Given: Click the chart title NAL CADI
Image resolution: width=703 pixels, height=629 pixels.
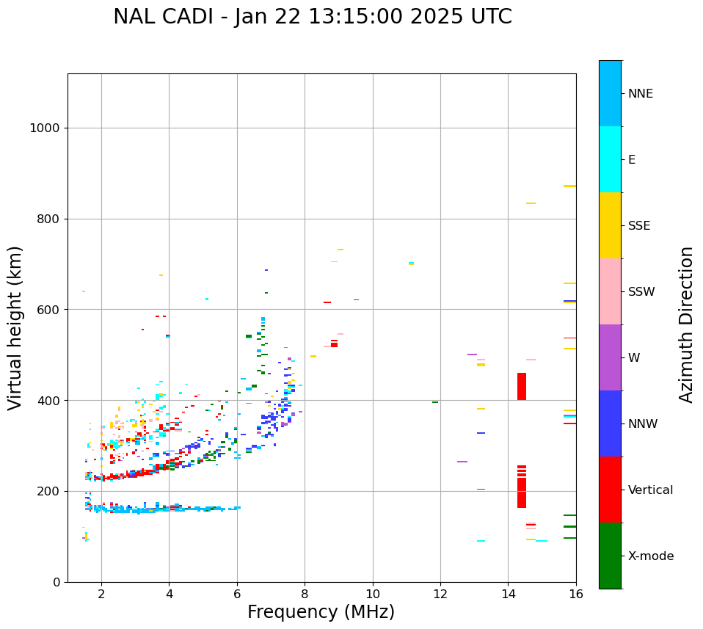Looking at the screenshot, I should point(312,17).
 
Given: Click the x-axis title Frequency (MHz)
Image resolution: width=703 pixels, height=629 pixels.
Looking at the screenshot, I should point(321,612).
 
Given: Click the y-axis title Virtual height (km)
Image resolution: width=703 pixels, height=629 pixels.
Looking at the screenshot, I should point(15,328).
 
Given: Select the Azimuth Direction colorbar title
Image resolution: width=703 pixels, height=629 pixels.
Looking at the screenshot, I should point(686,324).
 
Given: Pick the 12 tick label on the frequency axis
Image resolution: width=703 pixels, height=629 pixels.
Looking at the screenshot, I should point(440,594).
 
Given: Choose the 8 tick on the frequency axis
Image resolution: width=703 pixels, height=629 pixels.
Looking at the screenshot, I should point(305,594).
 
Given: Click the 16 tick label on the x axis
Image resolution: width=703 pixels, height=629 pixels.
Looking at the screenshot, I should point(576,594).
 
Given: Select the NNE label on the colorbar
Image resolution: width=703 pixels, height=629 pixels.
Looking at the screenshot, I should point(640,94).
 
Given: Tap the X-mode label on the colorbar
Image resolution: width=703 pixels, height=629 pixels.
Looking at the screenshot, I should point(651,556).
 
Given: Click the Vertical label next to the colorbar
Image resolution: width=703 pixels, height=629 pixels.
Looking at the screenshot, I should point(651,490).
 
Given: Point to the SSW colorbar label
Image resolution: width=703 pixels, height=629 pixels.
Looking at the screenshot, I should point(641,292).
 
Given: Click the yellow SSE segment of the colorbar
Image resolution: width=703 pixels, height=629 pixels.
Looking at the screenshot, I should point(610,225).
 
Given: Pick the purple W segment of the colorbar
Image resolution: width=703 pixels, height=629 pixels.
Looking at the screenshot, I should point(610,357).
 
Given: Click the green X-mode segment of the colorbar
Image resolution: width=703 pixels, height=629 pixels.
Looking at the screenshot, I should point(610,556).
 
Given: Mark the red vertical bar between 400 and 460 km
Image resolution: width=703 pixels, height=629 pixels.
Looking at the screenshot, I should point(522,386).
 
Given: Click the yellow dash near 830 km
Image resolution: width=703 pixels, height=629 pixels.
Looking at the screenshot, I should point(531,203).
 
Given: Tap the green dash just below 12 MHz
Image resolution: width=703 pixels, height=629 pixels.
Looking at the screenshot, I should point(435,402).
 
